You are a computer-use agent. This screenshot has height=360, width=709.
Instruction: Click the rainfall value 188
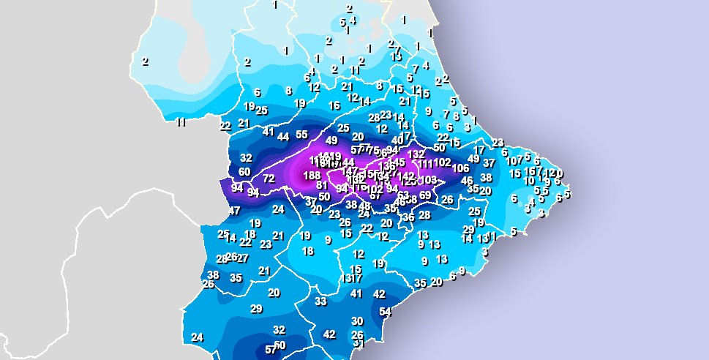pos(312,176)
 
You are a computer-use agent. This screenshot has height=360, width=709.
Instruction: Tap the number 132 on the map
pos(416,154)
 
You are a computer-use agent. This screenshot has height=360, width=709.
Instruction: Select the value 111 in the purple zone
pos(426,164)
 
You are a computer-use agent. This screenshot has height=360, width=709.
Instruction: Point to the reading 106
pos(460,168)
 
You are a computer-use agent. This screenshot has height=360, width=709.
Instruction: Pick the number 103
pos(429,180)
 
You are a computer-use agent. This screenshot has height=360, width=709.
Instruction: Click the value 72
pos(269,179)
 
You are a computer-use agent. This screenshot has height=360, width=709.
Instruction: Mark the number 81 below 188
pos(321,186)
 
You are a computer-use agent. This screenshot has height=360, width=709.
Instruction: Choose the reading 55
pos(302,135)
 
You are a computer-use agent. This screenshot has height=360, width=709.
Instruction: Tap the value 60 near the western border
pos(244,172)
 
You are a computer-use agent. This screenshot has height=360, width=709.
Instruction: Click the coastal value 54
pos(386,312)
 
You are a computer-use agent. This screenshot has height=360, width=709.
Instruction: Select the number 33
pos(320,301)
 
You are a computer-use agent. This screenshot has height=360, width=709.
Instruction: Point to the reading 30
pos(357,321)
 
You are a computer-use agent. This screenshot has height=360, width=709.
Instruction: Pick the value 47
pos(235,211)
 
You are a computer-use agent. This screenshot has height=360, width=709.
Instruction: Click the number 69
pos(425,195)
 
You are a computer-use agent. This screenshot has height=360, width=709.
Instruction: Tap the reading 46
pos(467,181)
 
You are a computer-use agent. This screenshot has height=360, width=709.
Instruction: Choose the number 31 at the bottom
pos(359,342)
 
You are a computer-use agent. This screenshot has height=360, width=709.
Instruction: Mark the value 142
pos(407,176)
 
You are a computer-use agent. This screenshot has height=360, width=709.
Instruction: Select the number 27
pos(243,258)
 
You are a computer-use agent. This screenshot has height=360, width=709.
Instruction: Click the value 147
pos(350,171)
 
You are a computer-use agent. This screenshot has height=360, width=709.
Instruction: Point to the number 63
pos(403,195)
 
